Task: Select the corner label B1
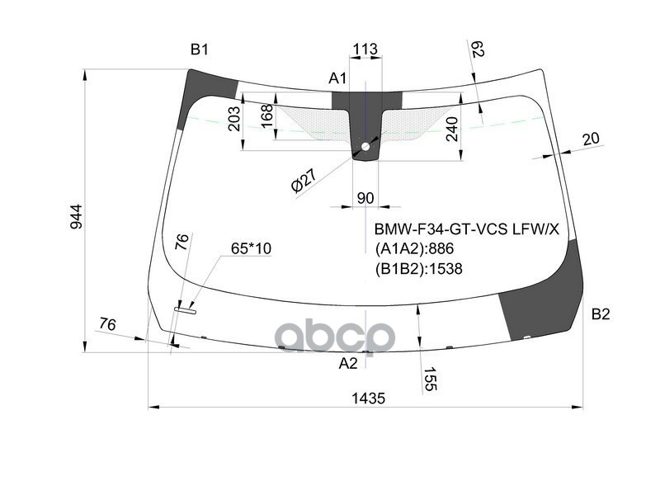(200, 50)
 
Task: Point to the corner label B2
(601, 313)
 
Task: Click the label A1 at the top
(338, 78)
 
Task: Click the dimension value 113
(365, 50)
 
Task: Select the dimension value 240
(451, 129)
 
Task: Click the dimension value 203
(233, 125)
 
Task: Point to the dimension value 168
(266, 116)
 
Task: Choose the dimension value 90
(365, 197)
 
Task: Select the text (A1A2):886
(415, 249)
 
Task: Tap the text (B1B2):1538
(419, 268)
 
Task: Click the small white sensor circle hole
(365, 147)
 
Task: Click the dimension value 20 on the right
(591, 139)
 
